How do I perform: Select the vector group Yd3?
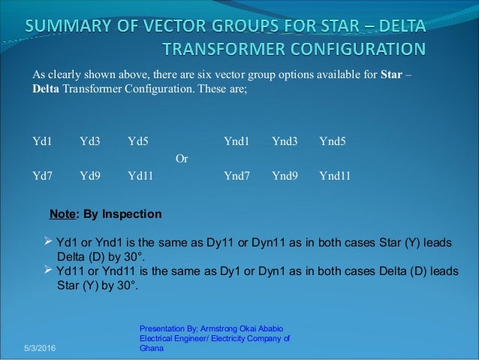tap(90, 141)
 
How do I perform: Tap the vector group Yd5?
tap(138, 141)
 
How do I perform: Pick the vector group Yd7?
tap(42, 177)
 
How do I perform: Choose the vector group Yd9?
tap(90, 177)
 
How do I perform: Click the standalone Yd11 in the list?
tap(141, 177)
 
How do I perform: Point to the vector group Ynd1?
tap(236, 141)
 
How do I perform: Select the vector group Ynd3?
tap(285, 141)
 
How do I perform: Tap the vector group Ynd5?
tap(333, 141)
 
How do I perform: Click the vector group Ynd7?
tap(236, 177)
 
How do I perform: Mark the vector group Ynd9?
tap(285, 177)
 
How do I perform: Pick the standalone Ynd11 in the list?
tap(336, 177)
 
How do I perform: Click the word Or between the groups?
tap(181, 159)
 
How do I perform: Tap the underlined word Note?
tap(62, 214)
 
